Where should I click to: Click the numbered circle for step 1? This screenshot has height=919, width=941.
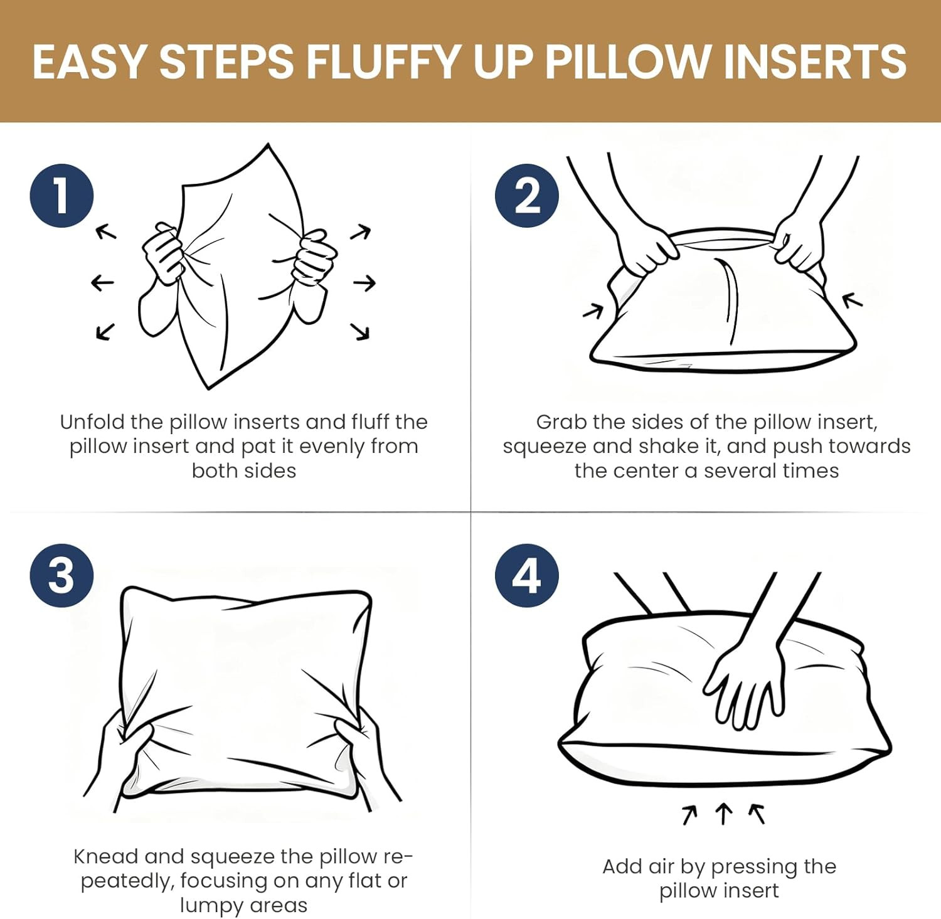tap(61, 196)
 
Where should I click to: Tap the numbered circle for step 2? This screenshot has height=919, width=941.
tap(526, 196)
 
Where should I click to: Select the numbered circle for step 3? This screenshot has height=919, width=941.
tap(61, 575)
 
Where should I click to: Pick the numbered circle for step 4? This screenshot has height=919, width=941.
tap(526, 575)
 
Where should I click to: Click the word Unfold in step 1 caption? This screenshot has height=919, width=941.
tap(92, 422)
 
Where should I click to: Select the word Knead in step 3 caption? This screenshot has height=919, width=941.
tap(105, 856)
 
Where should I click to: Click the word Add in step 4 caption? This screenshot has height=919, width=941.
tap(622, 866)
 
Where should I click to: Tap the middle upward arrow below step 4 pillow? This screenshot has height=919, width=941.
tap(723, 814)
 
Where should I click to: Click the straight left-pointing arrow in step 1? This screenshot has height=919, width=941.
tap(102, 282)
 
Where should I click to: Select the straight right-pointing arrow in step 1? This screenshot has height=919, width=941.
tap(364, 284)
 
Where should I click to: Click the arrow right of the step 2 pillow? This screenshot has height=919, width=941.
tap(853, 301)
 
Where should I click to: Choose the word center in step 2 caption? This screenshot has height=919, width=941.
tap(647, 470)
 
